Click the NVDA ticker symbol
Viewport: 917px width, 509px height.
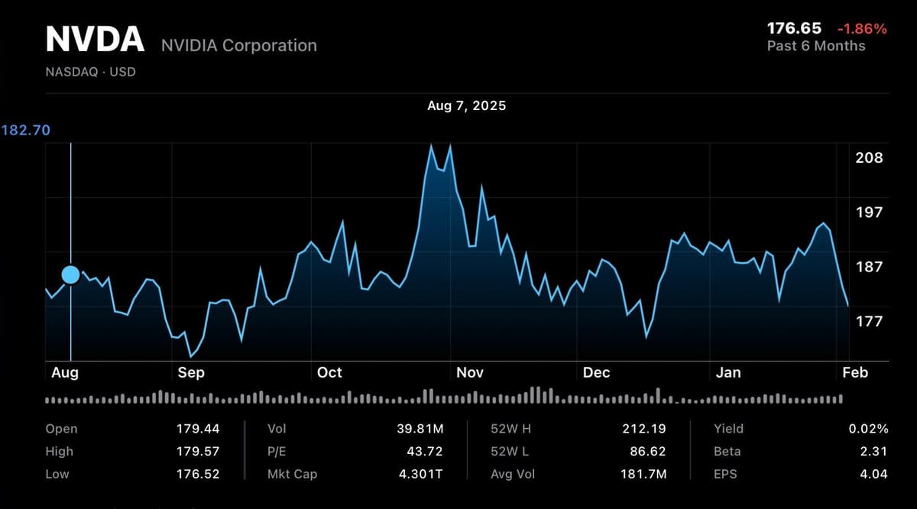[95, 40]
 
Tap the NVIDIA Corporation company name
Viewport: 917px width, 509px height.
[238, 46]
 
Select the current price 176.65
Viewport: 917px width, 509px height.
[794, 29]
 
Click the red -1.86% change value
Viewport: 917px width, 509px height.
[862, 29]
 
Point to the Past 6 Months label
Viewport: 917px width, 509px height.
[815, 46]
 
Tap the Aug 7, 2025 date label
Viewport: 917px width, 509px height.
[466, 105]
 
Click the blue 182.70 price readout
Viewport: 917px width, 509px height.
[26, 131]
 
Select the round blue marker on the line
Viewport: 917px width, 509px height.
[70, 274]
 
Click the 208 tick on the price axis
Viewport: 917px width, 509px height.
[869, 158]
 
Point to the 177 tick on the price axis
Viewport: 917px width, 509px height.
[869, 322]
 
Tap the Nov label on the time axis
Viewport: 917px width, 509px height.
[469, 373]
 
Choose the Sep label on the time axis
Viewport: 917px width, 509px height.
[190, 373]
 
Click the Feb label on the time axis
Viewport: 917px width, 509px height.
[854, 373]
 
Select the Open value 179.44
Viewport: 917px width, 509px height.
[198, 429]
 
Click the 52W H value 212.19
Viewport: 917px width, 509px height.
[644, 429]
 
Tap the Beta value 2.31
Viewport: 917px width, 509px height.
[873, 452]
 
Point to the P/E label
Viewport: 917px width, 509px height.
[277, 452]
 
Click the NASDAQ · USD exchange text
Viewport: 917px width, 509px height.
[90, 73]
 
